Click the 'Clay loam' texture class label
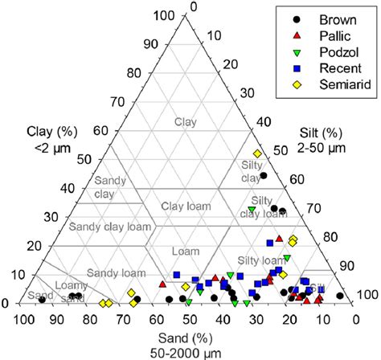(186, 207)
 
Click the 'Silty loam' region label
(261, 260)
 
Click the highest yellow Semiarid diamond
(258, 153)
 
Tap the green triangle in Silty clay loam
(252, 211)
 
